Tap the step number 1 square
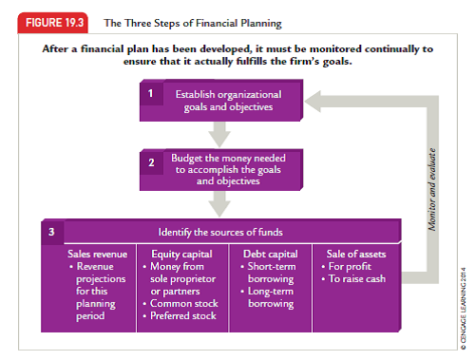point(150,93)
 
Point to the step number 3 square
point(52,230)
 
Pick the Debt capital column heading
point(270,255)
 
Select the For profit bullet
point(351,267)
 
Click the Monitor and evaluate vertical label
point(432,185)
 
